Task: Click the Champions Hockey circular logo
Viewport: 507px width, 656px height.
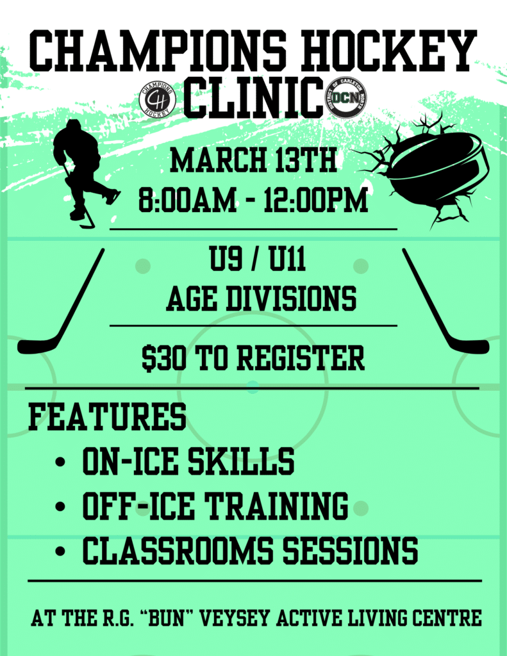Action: click(x=158, y=99)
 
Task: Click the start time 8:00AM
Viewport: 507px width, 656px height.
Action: click(x=187, y=200)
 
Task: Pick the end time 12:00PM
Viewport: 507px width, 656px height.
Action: click(x=315, y=200)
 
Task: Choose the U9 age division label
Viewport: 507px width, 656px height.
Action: click(x=226, y=259)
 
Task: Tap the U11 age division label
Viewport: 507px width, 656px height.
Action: click(x=287, y=259)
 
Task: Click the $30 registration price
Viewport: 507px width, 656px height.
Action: click(x=163, y=358)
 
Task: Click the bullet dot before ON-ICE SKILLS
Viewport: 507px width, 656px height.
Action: click(x=60, y=462)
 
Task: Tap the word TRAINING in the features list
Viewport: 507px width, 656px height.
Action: click(x=277, y=505)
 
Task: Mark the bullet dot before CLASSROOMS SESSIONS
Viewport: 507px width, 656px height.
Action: click(x=60, y=550)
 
